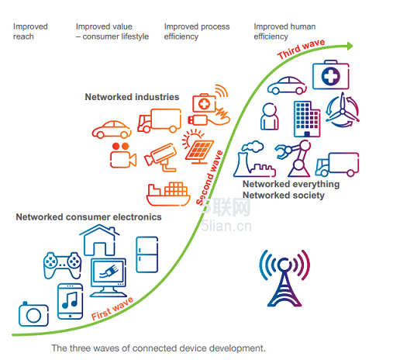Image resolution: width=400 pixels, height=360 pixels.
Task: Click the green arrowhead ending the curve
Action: pos(350,46)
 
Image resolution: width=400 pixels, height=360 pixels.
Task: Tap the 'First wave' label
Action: pos(112,309)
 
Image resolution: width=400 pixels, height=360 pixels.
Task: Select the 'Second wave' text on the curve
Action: pos(209,178)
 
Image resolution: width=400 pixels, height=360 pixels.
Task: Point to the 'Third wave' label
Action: pos(301,49)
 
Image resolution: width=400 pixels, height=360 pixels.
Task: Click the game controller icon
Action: pos(62,265)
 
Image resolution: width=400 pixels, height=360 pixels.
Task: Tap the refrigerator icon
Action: pos(147,254)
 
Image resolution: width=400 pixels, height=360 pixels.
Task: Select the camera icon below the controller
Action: pos(33,314)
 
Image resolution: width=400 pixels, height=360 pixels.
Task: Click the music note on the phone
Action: pos(70,300)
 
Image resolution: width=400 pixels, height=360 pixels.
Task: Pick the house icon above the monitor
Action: pos(99,240)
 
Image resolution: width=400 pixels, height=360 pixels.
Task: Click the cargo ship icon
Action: pos(168,194)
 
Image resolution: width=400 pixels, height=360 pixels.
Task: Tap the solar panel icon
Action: pos(198,147)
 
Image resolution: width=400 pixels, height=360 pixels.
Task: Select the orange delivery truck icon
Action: pos(159,120)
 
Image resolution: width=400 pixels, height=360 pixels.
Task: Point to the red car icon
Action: pos(112,130)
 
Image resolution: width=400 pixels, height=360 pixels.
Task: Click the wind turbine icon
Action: pos(343,110)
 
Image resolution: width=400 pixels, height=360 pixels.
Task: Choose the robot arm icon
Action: pos(294,158)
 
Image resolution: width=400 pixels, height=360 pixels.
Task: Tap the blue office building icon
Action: pos(307,119)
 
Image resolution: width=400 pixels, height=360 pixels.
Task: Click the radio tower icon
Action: pos(284,278)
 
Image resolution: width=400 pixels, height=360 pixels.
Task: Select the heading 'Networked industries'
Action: pos(132,97)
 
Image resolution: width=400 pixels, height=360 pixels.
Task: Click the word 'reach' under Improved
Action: pos(23,36)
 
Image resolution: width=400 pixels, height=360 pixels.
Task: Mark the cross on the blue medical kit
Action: pos(330,76)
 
